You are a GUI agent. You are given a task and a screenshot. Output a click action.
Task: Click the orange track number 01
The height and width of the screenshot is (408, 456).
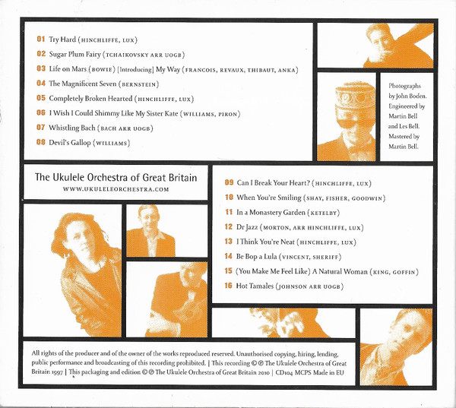pos(41,39)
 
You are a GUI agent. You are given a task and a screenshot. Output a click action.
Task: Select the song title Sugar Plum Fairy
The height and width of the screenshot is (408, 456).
pos(74,55)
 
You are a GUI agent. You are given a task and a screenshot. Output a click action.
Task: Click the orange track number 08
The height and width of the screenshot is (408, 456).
pos(41,142)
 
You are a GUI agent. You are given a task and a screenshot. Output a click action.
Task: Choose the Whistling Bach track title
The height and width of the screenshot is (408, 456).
pos(72,128)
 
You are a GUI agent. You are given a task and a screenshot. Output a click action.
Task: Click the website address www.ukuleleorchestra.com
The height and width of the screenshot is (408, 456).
pos(116,189)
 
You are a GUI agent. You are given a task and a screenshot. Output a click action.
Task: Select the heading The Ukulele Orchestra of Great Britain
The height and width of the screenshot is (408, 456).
pos(116,177)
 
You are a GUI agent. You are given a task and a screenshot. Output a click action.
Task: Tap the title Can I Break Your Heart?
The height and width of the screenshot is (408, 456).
pos(273,183)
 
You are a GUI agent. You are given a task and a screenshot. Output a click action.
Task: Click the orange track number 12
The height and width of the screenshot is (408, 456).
pos(229,226)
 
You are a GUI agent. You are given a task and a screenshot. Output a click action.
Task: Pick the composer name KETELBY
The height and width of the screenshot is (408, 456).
pos(324,213)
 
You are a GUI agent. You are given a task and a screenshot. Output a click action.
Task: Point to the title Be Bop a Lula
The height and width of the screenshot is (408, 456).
pos(257,257)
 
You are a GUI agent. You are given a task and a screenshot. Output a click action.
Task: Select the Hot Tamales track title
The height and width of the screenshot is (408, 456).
pos(255,286)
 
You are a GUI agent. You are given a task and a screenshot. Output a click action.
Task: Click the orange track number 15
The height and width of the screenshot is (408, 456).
pos(229,270)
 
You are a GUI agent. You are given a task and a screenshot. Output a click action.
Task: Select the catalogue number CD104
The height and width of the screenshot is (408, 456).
pos(283,372)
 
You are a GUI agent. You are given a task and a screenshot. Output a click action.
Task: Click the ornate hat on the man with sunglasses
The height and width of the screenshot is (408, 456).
pos(355,97)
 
